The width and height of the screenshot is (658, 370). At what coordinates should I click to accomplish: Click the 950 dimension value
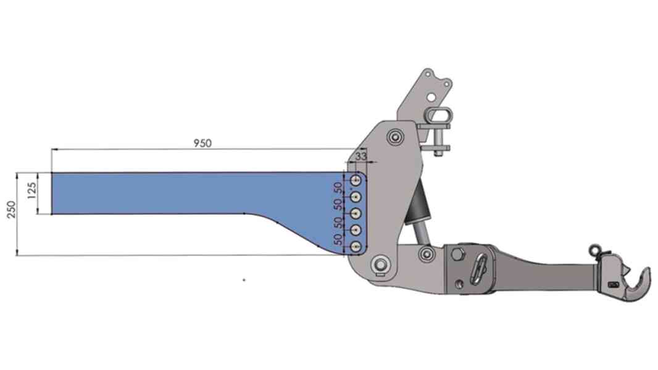coord(202,143)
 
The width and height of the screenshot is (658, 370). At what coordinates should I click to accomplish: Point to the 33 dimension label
coord(362,157)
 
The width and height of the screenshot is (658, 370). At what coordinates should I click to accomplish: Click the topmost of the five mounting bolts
coord(356,179)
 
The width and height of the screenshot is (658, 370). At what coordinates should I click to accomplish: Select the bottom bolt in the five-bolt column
coord(356,247)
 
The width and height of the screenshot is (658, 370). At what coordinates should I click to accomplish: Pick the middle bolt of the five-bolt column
coord(356,213)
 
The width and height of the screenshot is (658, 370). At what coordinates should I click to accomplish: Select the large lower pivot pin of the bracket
coord(380,265)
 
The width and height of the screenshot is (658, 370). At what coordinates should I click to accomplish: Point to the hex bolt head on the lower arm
coord(457,254)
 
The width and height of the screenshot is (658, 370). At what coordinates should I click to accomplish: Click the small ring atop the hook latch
coord(595,249)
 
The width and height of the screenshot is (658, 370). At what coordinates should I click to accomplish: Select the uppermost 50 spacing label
coord(338,187)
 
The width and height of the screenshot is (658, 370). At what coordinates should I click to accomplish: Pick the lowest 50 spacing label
coord(338,239)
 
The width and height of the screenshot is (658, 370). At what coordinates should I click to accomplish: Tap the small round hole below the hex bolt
coord(459,284)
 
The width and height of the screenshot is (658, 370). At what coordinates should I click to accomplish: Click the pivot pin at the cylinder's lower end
coord(424,253)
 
